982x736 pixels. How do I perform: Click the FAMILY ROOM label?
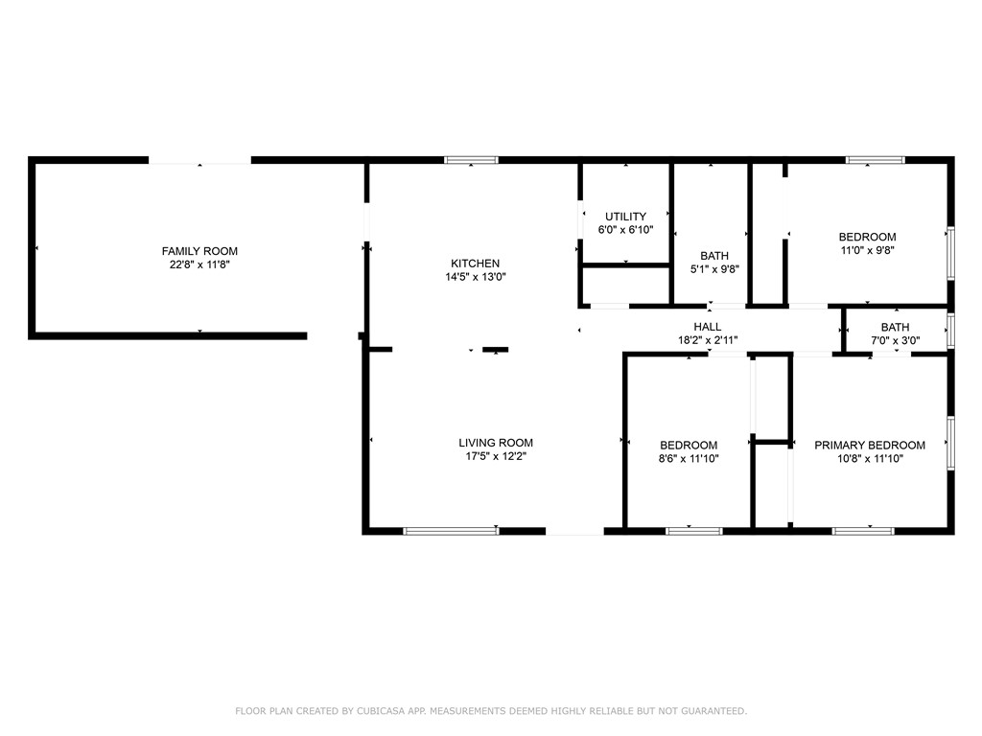coord(199,251)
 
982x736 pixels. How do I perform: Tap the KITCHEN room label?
coord(476,264)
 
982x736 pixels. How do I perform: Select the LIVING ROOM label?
coord(496,443)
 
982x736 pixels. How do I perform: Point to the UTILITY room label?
coord(625,217)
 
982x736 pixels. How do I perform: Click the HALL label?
coord(708,327)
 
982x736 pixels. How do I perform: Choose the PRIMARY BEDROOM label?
coord(870,445)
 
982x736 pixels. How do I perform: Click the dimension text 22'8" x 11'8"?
coord(199,264)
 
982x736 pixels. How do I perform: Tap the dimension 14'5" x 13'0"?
coord(476,277)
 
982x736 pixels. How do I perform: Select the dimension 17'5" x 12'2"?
coord(496,456)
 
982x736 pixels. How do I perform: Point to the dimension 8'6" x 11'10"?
coord(689,459)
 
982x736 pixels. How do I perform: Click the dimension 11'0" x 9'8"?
coord(867,250)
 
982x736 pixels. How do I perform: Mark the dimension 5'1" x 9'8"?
coord(714,269)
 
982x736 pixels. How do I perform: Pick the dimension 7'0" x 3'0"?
coord(896,340)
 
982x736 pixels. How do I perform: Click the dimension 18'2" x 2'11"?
coord(708,340)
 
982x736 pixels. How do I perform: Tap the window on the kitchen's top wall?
coord(472,160)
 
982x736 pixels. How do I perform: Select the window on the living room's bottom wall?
coord(451,531)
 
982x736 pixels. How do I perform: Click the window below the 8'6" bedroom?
coord(694,531)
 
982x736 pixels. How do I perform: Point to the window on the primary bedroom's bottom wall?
coord(863,531)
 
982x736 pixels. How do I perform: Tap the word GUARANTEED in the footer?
coord(713,711)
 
